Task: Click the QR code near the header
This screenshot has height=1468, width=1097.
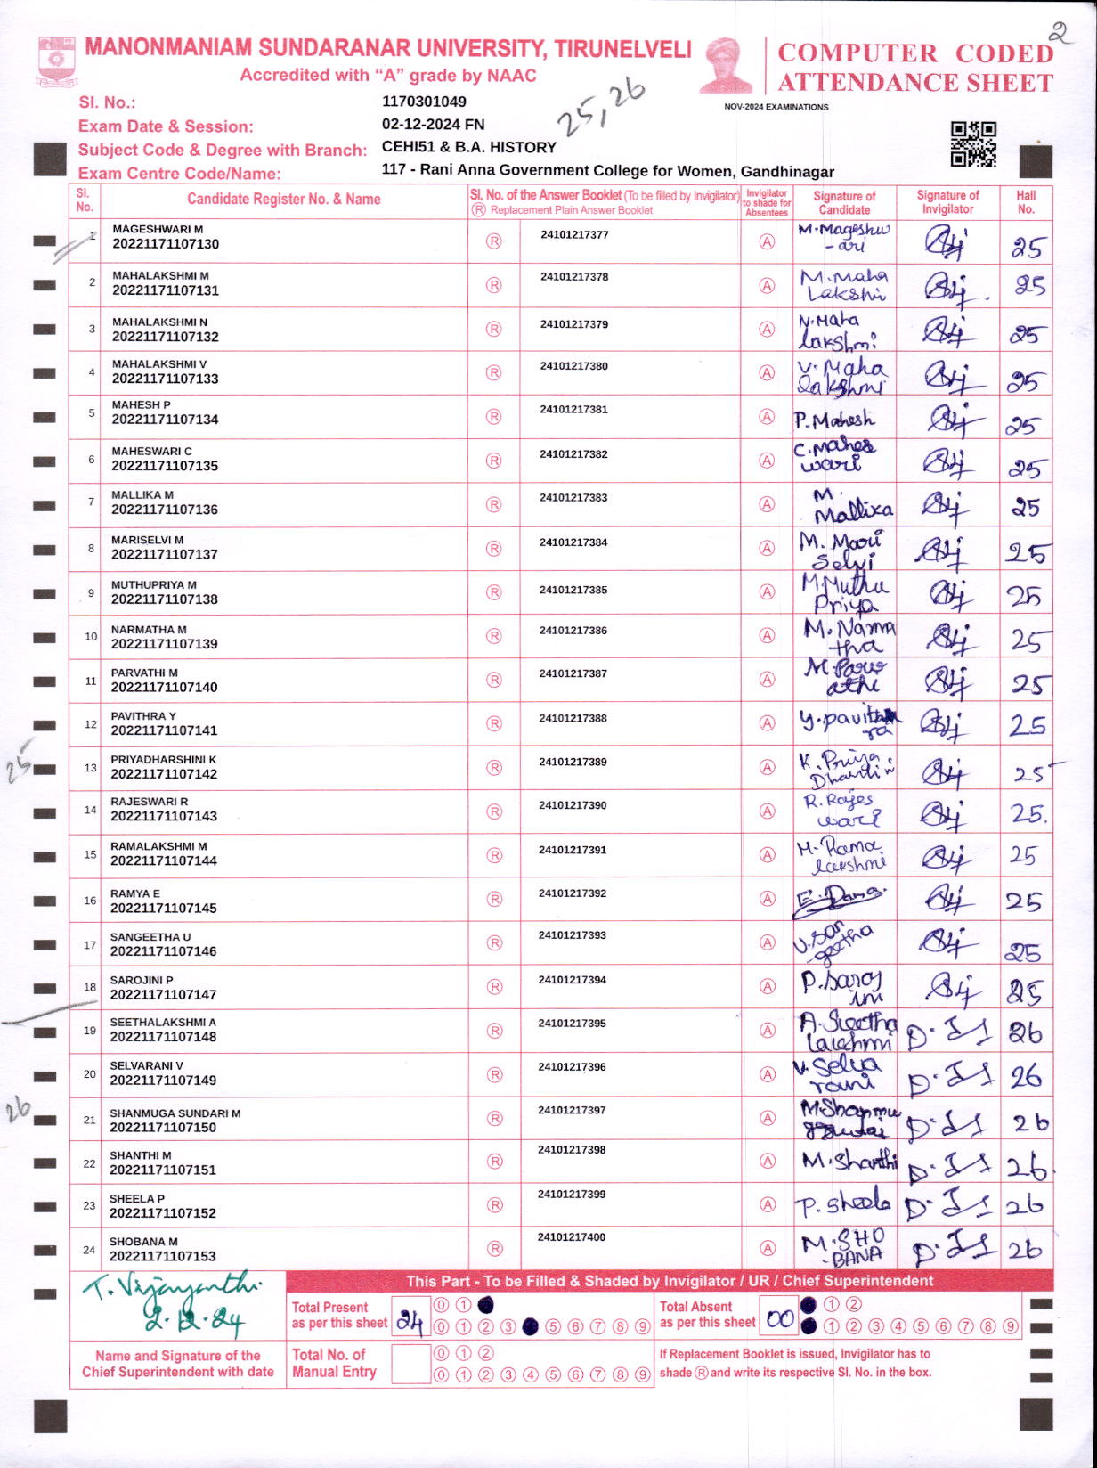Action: click(972, 143)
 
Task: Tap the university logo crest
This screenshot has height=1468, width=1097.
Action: click(56, 61)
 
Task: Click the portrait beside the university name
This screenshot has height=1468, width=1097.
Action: click(727, 65)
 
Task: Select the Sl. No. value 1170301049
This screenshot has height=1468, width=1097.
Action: click(424, 102)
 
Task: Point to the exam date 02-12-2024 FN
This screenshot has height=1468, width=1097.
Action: click(433, 125)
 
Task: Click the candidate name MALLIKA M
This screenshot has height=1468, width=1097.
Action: click(142, 494)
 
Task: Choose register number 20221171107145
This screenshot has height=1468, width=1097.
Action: click(164, 909)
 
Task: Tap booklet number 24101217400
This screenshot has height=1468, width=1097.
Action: click(572, 1236)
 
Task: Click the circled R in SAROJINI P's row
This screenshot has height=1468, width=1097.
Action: click(494, 987)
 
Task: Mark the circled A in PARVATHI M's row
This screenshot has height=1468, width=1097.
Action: click(767, 680)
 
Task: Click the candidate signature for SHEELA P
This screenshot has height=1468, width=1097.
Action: click(844, 1204)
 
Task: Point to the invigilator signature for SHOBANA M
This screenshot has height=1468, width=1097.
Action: click(949, 1249)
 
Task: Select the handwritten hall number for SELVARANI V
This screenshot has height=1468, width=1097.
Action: click(1025, 1077)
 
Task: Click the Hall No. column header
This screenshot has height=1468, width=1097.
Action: click(1026, 202)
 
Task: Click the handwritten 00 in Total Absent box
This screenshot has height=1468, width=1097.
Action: click(780, 1319)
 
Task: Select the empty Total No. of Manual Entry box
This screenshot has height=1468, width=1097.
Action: click(410, 1364)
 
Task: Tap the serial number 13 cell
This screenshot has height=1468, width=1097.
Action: click(91, 767)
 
